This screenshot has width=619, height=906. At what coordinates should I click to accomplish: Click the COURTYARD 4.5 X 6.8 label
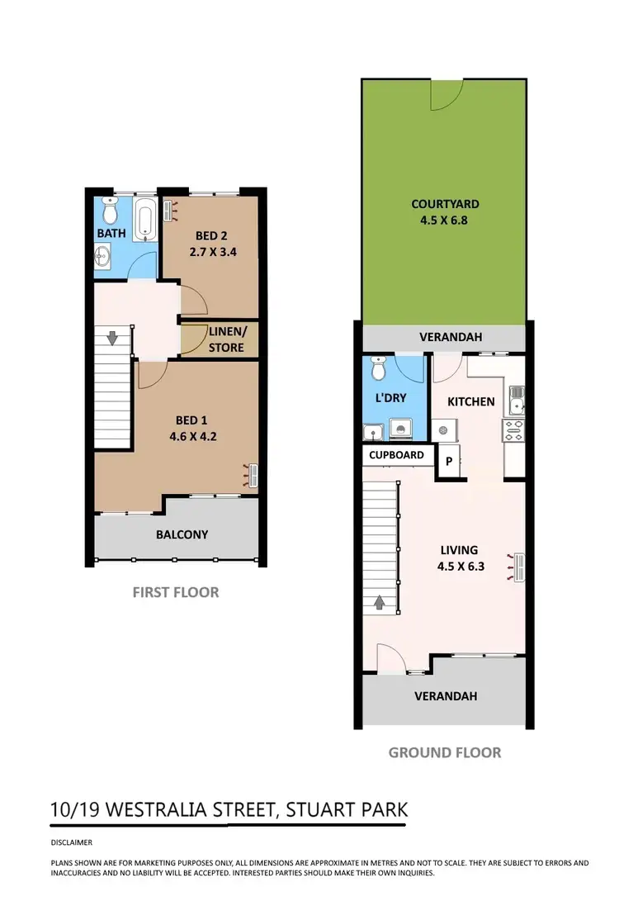(445, 211)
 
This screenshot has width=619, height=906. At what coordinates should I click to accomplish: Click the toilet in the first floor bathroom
(110, 212)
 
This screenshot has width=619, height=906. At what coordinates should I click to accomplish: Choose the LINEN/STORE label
(226, 339)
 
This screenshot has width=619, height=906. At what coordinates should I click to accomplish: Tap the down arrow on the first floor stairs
(112, 338)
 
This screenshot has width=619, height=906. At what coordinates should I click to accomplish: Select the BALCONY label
(182, 534)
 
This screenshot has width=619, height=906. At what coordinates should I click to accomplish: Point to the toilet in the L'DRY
(379, 365)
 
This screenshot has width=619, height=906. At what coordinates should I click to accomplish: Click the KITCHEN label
(471, 402)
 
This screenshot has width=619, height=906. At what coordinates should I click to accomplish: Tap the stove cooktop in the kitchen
(513, 429)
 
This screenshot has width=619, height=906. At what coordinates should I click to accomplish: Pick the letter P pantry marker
(449, 462)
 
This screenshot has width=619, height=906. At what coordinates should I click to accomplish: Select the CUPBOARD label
(397, 455)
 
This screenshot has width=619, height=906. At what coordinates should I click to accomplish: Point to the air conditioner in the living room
(520, 567)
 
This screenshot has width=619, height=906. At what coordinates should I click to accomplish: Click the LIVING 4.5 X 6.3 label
(460, 558)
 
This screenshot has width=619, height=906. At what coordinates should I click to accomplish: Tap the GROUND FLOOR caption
(444, 752)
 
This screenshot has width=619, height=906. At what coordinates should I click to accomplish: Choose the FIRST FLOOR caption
(176, 592)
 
